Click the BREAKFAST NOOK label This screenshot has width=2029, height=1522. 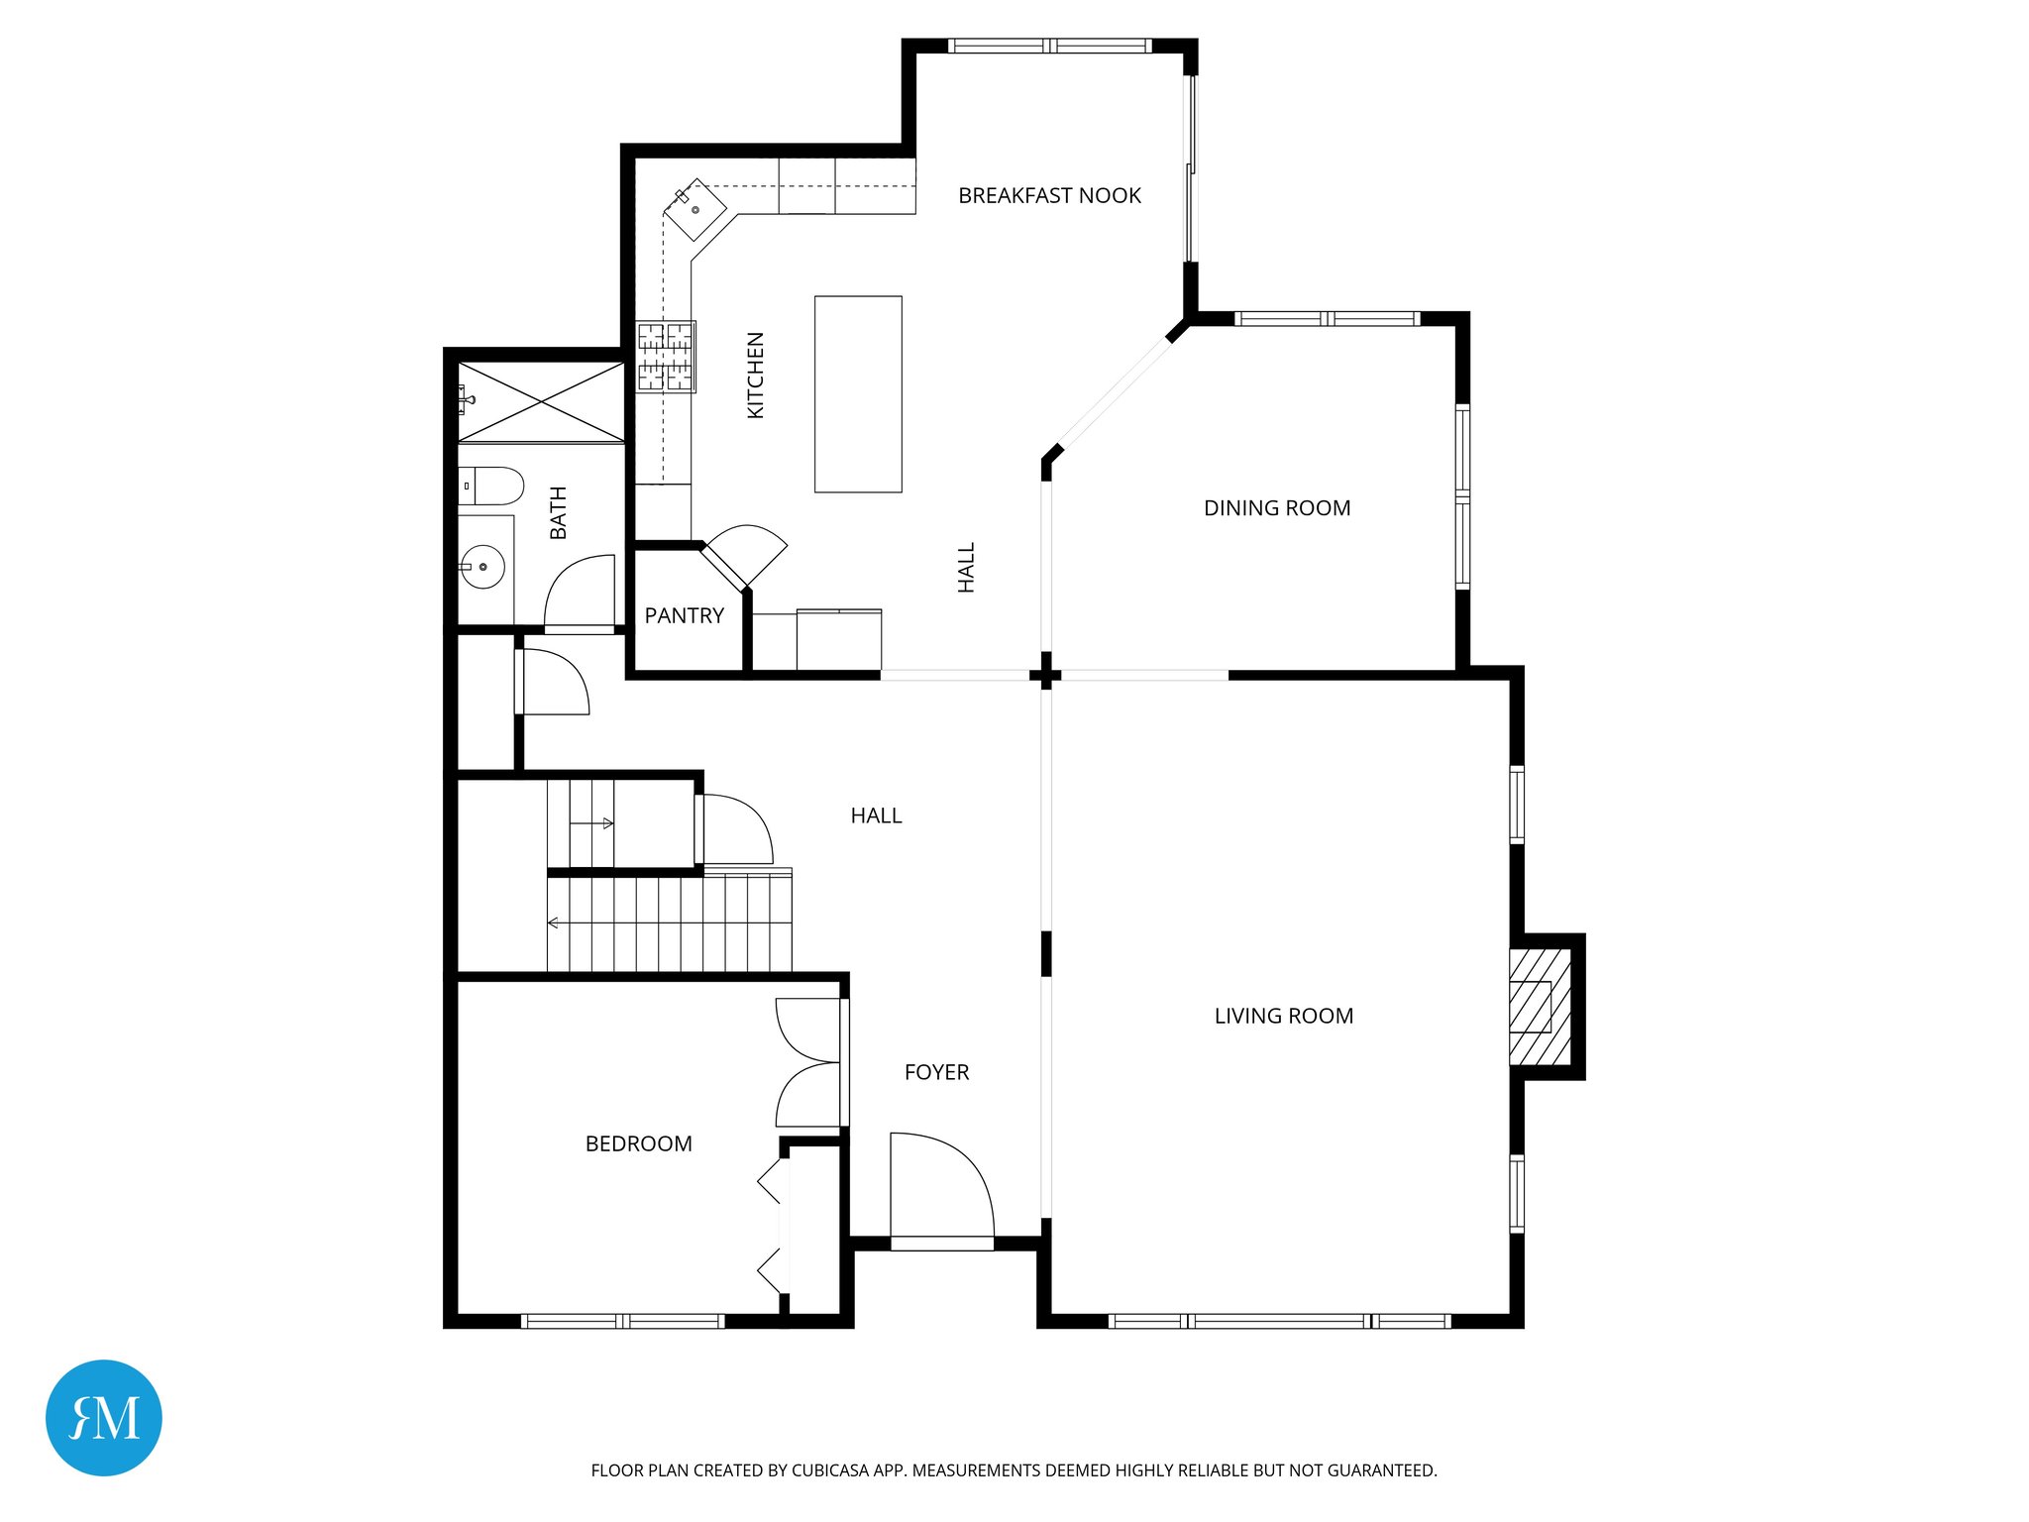pos(1049,195)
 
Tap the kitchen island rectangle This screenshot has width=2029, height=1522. pos(858,393)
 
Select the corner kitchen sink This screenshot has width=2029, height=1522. pos(694,209)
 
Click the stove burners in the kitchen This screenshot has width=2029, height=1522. pos(665,357)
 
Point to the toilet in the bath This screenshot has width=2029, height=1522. pos(492,486)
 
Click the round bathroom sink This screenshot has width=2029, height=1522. pos(482,567)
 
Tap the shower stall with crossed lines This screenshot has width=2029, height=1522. pos(541,401)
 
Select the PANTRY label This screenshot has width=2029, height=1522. pos(684,615)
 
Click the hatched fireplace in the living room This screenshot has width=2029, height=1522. pos(1539,1007)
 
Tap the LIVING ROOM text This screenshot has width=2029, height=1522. pos(1283,1016)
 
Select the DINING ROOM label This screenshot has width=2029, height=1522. pos(1276,508)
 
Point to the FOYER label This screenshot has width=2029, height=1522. pos(936,1072)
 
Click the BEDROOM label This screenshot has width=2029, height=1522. pos(638,1143)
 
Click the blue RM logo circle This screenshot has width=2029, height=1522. pos(104,1417)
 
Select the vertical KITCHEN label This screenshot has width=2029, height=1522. pos(755,375)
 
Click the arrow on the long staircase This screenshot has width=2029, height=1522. pos(554,923)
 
